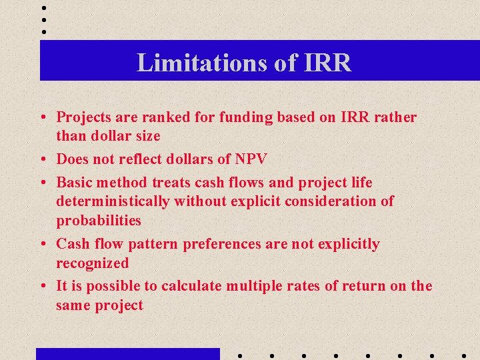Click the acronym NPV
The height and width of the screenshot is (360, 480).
[251, 159]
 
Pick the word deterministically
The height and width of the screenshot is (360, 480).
[111, 201]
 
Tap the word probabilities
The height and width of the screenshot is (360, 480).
[99, 220]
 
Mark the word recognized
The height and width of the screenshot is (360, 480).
[93, 263]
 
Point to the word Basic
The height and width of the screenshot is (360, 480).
[75, 182]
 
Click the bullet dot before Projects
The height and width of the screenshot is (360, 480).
[43, 118]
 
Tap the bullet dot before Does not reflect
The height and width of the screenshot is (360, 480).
[43, 159]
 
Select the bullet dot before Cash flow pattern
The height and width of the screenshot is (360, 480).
[43, 245]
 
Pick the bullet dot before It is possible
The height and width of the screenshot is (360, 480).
[43, 287]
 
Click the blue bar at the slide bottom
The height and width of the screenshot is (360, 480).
[127, 354]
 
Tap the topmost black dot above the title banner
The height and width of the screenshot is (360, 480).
[44, 7]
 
